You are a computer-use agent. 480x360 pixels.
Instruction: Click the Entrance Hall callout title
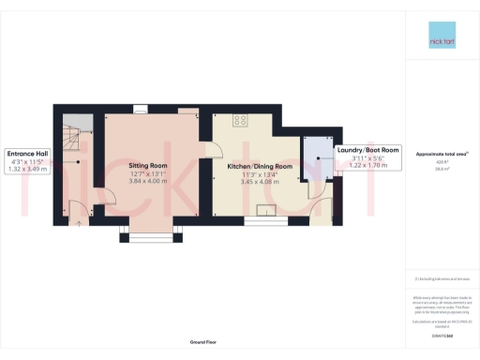[x=26, y=153]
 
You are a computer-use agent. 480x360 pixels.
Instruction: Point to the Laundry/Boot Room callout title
[x=367, y=150]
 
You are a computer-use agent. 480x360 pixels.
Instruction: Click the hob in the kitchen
[x=240, y=120]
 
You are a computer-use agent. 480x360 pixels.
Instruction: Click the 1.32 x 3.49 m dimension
[x=26, y=170]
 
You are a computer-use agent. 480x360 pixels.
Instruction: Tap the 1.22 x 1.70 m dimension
[x=367, y=167]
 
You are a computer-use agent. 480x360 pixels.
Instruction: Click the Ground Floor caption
[x=202, y=343]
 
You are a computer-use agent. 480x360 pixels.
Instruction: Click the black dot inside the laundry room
[x=319, y=159]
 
